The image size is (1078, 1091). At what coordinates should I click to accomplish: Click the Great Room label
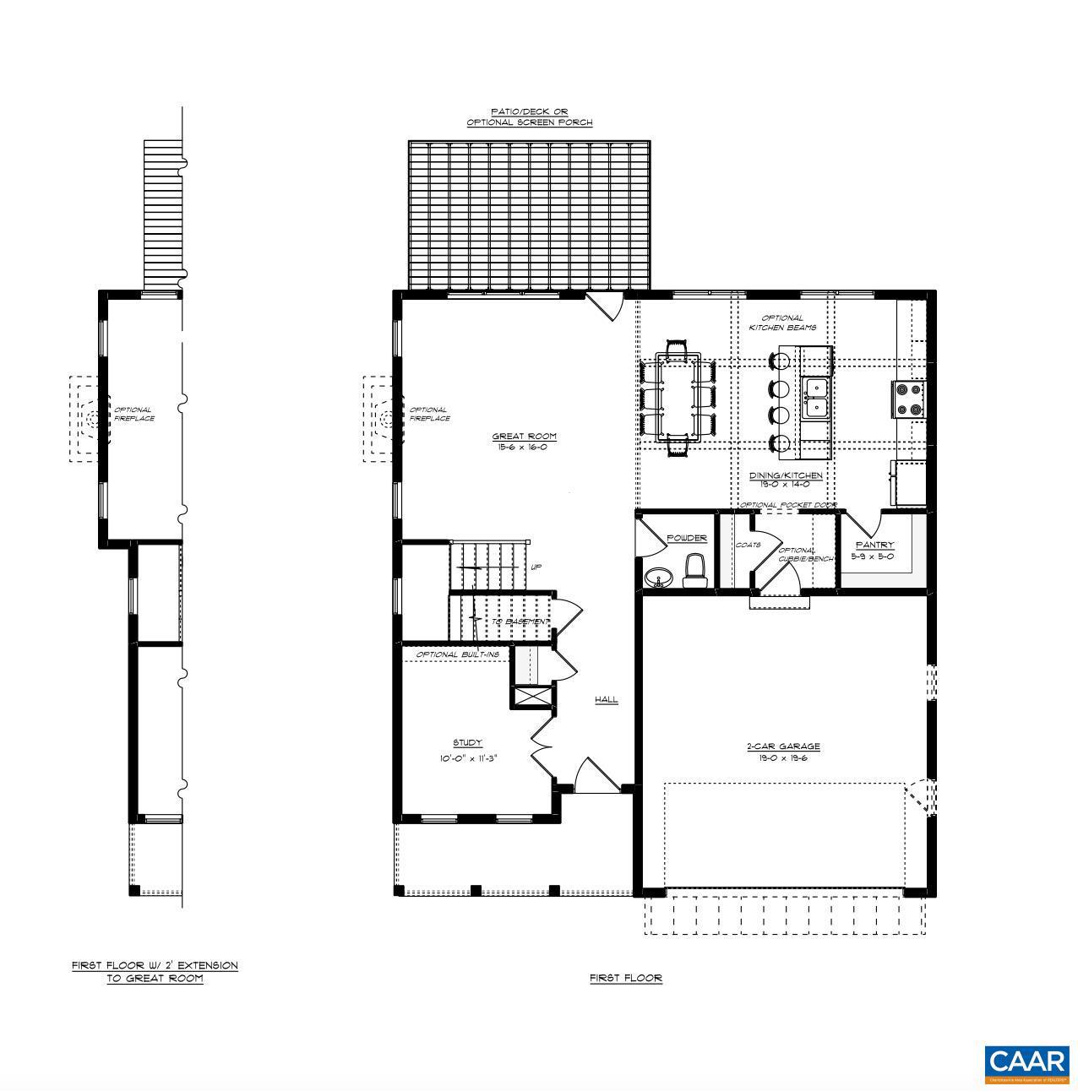click(524, 437)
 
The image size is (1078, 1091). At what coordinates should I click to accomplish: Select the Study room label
click(467, 743)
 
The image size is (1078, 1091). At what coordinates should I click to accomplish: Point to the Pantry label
click(874, 545)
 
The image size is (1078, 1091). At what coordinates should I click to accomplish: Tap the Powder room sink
click(657, 578)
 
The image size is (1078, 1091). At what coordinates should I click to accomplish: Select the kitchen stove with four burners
click(909, 399)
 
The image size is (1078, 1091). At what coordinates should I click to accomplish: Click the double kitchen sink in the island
click(816, 398)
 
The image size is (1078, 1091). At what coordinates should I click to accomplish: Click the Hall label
click(606, 700)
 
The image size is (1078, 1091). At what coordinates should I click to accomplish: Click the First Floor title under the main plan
click(625, 978)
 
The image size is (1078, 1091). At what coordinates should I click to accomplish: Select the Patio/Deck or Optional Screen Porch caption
click(530, 117)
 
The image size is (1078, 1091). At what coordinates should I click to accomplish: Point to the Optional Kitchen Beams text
click(782, 323)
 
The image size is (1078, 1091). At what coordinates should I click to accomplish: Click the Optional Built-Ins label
click(457, 654)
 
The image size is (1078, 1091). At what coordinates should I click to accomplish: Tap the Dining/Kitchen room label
click(785, 475)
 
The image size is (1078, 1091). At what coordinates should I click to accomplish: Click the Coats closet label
click(748, 545)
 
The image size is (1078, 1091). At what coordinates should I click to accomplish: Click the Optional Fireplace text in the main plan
click(429, 414)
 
